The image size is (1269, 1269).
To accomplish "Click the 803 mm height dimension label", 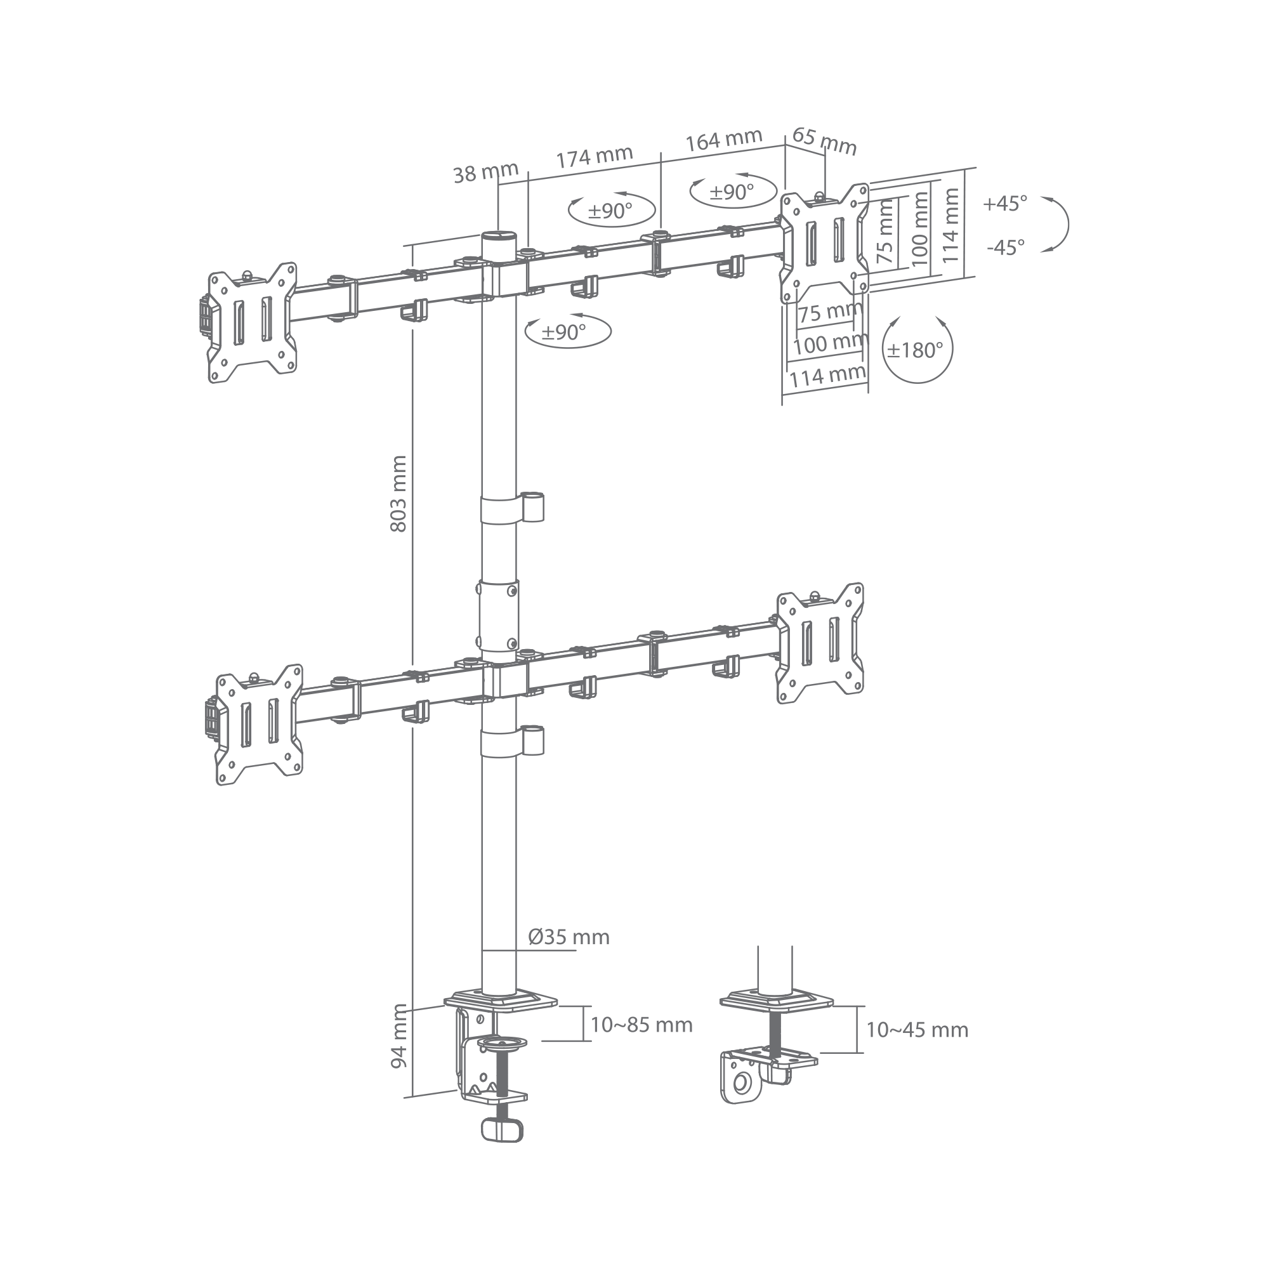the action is point(398,494).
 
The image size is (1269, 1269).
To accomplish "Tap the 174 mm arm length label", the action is point(595,157).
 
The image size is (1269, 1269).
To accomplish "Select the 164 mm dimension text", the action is point(724,139).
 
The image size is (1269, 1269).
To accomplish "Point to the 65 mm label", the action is point(824,141).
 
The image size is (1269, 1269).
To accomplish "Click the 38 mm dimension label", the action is point(485,173).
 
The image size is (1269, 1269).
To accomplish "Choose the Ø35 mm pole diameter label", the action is point(569,936).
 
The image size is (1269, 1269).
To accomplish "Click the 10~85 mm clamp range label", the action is point(641,1043).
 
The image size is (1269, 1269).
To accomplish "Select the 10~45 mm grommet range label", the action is point(917,1048).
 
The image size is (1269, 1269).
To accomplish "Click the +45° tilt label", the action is point(1005,204).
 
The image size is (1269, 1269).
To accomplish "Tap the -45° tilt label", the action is point(1006,247).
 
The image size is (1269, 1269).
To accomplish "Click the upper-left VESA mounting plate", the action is point(253,322).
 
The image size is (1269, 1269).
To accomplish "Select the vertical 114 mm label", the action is point(950,225).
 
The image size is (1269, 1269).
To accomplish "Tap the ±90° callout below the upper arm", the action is point(569,331).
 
